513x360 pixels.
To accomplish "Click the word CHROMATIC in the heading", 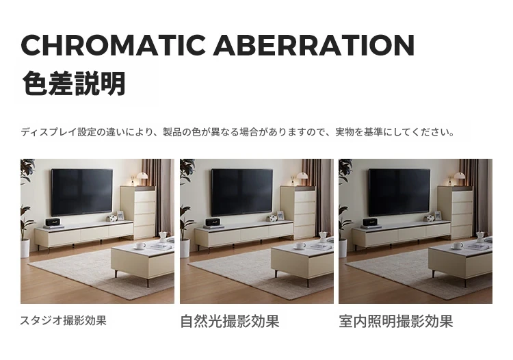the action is (113, 45).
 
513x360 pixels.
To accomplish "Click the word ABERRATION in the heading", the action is (314, 45).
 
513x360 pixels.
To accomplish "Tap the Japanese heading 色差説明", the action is (74, 83).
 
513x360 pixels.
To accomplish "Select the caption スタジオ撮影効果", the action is (64, 320).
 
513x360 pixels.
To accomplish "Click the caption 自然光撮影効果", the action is (230, 321).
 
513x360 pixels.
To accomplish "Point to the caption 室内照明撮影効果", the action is (396, 321).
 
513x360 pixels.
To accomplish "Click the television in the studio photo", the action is (82, 192).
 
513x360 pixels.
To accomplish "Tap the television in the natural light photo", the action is (242, 192).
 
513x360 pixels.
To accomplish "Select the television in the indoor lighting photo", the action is (399, 192).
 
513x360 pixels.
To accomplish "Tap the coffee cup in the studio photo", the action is (141, 246).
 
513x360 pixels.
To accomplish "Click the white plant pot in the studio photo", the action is (25, 248).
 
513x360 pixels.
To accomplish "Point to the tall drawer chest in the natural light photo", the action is (298, 212).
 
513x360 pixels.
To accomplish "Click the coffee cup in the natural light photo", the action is (301, 246).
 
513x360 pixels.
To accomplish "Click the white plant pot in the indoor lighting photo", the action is (343, 248).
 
